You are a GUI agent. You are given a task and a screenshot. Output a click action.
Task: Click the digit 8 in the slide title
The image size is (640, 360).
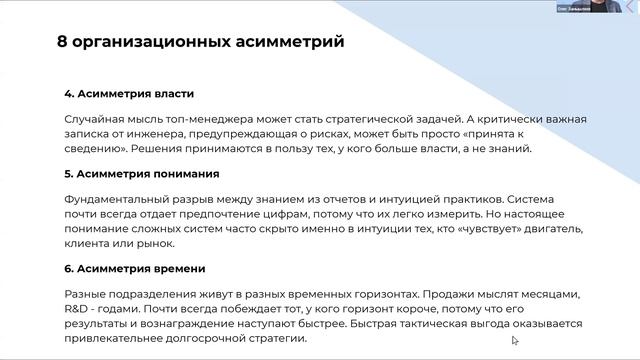click(63, 43)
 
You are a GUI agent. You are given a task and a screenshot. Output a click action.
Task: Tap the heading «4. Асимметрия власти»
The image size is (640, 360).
click(129, 93)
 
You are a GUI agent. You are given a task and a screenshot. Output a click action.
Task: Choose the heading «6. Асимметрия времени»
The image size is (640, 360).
click(134, 268)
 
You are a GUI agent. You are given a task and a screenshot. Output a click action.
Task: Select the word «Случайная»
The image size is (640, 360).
click(95, 119)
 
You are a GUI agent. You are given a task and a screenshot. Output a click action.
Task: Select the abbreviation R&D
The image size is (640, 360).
click(78, 309)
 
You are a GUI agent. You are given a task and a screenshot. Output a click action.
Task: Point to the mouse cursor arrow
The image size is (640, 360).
click(515, 341)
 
